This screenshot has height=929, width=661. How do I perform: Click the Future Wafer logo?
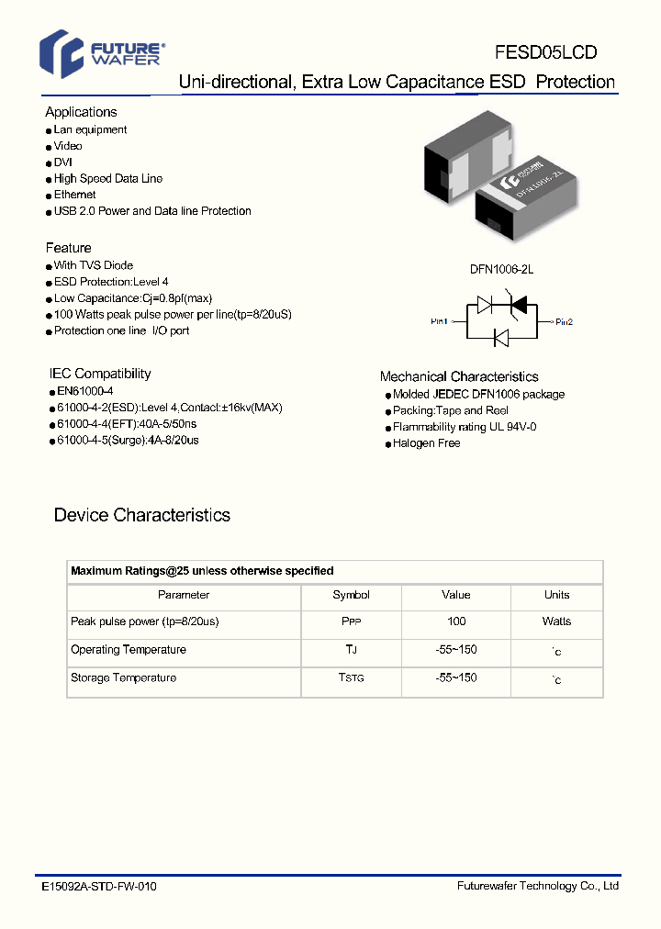point(101,50)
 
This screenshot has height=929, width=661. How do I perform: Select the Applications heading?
point(81,112)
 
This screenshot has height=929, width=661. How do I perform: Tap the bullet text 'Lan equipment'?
point(90,130)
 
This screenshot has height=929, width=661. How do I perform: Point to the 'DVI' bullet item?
point(63,162)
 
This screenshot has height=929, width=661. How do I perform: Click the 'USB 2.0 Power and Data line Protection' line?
point(152,211)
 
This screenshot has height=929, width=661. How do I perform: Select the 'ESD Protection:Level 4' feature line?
point(111,282)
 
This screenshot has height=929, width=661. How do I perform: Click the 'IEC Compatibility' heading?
point(100,374)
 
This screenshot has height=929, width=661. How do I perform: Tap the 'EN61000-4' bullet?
point(84,391)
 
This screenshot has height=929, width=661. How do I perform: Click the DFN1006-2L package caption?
point(501,270)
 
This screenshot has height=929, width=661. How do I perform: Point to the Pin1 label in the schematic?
point(440,321)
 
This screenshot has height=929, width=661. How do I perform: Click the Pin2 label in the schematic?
point(564,321)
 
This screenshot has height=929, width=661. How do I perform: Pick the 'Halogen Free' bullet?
point(426,443)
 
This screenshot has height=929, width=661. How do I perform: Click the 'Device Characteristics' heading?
point(142,515)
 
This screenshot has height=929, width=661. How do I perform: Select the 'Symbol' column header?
point(352,595)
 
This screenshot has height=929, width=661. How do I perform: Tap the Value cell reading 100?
point(456,621)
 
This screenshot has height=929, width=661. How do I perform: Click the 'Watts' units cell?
point(556,621)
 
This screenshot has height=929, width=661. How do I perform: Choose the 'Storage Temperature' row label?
point(123,677)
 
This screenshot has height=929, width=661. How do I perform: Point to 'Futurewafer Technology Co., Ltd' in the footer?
point(538,886)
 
